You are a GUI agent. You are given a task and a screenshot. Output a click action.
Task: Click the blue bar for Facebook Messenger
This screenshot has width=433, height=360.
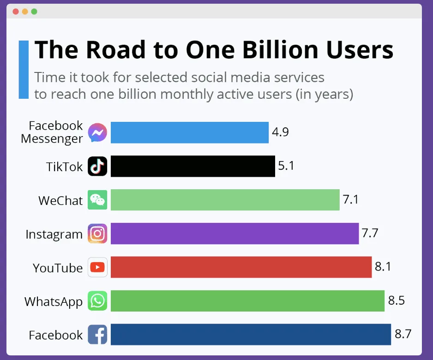[x=189, y=133]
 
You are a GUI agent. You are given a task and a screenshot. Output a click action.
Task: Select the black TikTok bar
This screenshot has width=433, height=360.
[x=192, y=166]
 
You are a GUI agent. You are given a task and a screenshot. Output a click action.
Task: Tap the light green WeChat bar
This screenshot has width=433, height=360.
[x=225, y=200]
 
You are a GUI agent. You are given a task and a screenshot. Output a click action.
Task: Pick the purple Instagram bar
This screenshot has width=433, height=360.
[x=235, y=234]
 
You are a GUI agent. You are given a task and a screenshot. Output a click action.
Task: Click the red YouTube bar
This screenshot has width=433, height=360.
[x=241, y=267]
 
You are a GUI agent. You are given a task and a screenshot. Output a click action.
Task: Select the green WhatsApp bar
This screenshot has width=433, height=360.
[x=247, y=301]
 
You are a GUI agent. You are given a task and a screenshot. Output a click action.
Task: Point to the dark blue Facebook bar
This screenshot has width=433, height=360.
[x=251, y=335]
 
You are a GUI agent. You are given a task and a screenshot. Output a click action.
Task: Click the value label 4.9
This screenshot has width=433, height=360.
[x=280, y=133]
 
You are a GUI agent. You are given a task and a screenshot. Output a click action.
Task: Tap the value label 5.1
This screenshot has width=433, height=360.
[x=286, y=166]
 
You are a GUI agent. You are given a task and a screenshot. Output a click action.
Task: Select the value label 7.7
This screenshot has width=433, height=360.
[x=370, y=234]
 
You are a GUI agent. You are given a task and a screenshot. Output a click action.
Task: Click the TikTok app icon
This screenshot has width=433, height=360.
[x=97, y=166]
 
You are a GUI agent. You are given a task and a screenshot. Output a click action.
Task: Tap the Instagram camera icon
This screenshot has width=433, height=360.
[x=97, y=234]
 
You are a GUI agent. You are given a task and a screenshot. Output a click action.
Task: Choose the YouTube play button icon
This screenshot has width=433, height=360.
[x=97, y=267]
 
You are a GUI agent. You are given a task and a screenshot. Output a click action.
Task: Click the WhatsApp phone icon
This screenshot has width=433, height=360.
[x=97, y=301]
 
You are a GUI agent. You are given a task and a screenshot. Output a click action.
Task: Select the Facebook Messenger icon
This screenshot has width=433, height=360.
[x=97, y=133]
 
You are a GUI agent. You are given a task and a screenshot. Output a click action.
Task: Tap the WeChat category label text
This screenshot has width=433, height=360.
[x=60, y=201]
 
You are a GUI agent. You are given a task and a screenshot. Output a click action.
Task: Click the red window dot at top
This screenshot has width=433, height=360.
[x=16, y=12]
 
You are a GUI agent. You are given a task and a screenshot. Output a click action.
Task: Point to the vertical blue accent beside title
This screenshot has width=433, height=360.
[x=23, y=69]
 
